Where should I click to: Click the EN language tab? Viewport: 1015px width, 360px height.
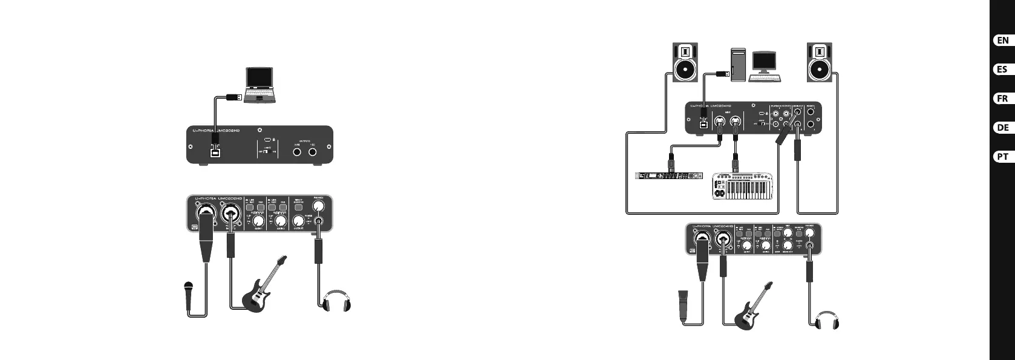click(x=1002, y=41)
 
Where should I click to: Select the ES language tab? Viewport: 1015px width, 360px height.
click(x=1002, y=70)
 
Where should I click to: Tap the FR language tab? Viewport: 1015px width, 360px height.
click(x=1002, y=99)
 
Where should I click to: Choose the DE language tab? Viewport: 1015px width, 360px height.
click(x=1002, y=128)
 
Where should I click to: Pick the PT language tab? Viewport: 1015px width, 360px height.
click(x=1002, y=157)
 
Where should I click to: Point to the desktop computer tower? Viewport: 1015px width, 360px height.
click(x=739, y=64)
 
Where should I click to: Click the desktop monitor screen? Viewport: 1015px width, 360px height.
click(x=764, y=62)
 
